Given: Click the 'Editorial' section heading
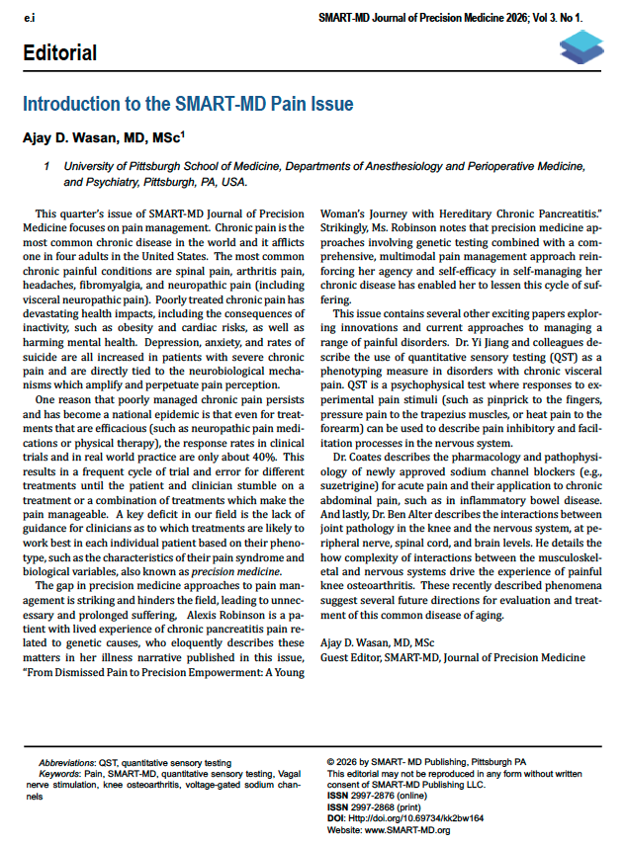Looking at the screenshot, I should point(60,52).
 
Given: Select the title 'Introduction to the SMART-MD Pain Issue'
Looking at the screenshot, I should point(188,104).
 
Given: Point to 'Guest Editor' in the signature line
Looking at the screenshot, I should point(352,657).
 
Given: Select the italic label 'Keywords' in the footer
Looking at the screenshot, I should point(58,775).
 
